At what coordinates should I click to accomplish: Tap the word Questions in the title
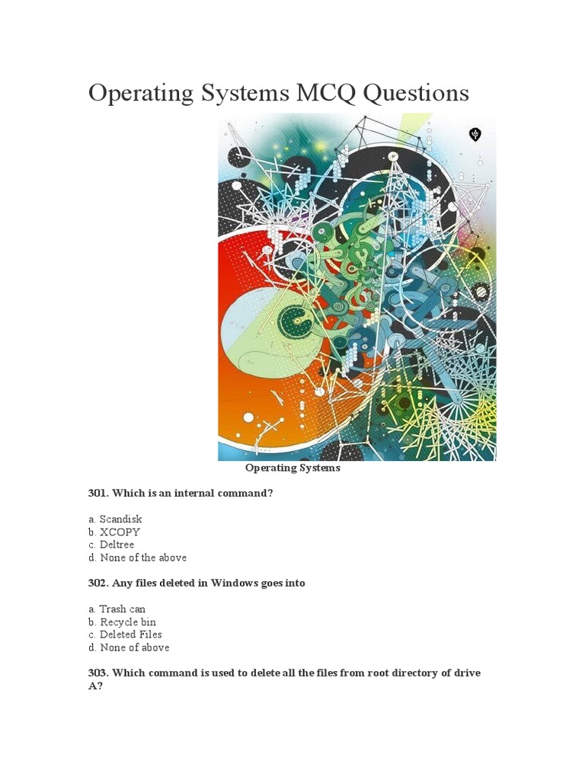416,94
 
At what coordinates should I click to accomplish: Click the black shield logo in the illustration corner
475,135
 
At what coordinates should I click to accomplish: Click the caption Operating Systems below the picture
292,468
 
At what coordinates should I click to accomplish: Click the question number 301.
98,494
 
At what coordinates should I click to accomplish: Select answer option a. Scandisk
115,519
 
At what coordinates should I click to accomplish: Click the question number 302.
98,583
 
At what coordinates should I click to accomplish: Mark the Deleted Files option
125,635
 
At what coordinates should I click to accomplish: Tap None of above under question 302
129,647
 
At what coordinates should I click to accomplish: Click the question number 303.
98,673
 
